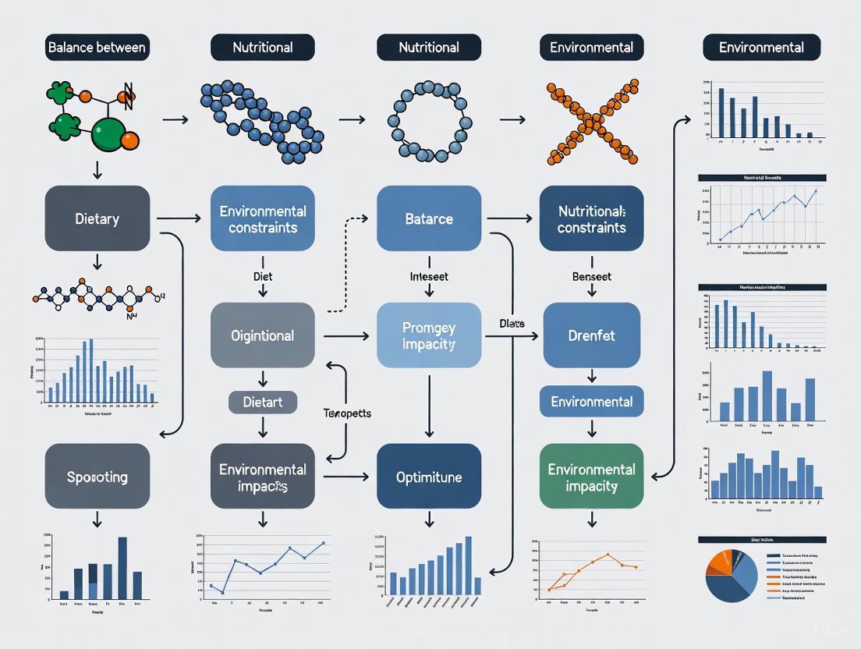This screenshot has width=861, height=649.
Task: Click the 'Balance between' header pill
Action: click(x=97, y=48)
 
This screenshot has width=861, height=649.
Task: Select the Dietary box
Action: click(x=97, y=218)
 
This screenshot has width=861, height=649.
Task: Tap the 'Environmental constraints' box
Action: click(x=263, y=219)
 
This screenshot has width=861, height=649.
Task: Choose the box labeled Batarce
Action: click(x=429, y=218)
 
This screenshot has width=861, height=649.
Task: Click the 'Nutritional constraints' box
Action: click(x=591, y=219)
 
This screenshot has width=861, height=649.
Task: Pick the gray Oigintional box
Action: click(x=263, y=335)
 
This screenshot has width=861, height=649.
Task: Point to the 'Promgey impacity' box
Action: click(x=429, y=335)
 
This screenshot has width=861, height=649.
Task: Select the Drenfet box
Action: click(x=591, y=335)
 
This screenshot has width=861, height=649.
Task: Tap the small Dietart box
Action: click(x=263, y=403)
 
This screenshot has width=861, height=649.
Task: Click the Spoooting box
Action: click(x=97, y=476)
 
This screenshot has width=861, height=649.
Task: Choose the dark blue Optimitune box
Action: click(x=429, y=476)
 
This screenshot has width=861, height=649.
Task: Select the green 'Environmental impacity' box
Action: click(x=591, y=477)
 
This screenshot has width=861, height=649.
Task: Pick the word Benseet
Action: click(x=591, y=276)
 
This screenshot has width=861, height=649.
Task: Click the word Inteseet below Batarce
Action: click(x=429, y=276)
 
